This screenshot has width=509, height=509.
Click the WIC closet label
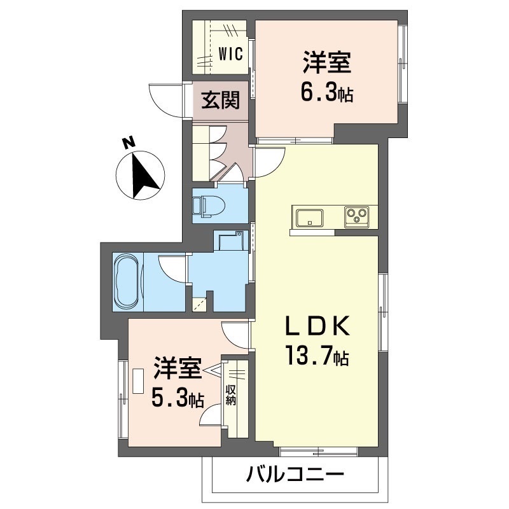(230, 53)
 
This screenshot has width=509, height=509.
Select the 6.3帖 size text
(327, 94)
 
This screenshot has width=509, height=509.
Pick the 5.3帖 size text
(177, 399)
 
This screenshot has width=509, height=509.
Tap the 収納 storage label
(230, 393)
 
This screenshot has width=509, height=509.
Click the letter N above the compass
(128, 143)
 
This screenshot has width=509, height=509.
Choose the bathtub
(127, 282)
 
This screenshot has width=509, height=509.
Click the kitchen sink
(308, 217)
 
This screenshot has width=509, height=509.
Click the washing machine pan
(229, 241)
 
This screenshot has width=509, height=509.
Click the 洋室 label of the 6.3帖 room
(327, 65)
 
